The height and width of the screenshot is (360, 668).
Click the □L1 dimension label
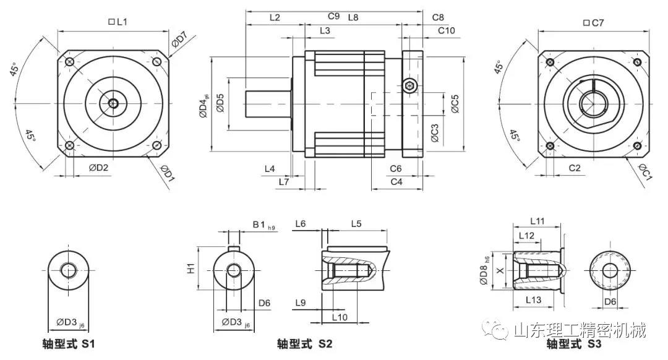118,22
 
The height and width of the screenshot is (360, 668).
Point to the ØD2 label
98,168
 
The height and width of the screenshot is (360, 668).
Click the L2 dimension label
275,18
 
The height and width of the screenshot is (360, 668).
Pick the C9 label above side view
333,17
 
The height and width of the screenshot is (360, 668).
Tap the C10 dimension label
446,30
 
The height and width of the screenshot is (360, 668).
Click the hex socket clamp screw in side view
409,85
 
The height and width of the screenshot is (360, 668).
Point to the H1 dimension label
191,268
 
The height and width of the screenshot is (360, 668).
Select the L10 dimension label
340,317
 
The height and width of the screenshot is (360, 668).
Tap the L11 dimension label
536,221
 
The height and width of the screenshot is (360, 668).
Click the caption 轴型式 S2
305,344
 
